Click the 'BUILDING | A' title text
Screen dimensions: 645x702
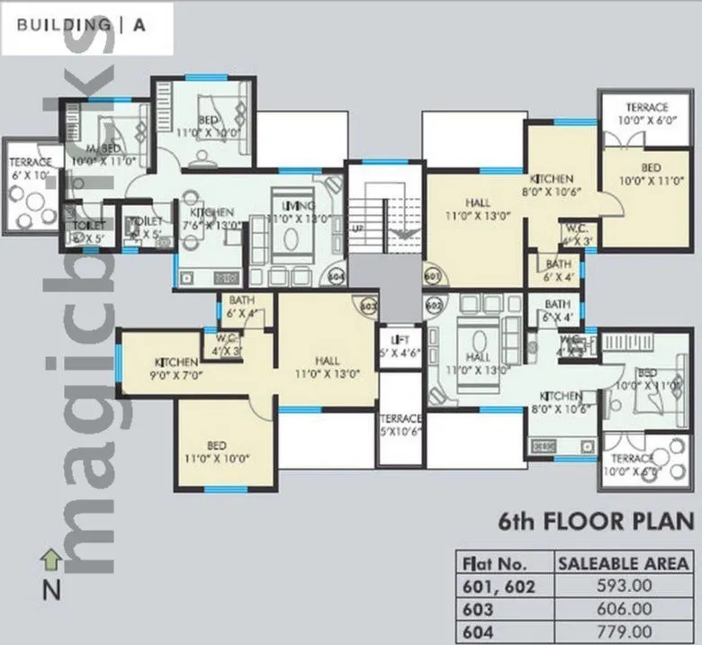click(80, 26)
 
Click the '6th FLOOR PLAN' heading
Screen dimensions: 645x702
click(596, 522)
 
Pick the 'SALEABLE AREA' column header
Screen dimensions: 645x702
click(624, 564)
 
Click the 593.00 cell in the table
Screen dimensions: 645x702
click(624, 587)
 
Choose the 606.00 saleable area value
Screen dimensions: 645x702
click(624, 609)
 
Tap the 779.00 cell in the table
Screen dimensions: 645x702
click(624, 632)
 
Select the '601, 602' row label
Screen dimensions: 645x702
click(498, 587)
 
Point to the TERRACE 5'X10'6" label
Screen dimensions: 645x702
click(400, 425)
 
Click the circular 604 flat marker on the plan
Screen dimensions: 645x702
click(337, 276)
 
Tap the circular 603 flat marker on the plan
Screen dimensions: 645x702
click(367, 306)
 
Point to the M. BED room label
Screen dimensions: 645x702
click(103, 154)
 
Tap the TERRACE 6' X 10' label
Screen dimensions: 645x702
click(31, 167)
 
